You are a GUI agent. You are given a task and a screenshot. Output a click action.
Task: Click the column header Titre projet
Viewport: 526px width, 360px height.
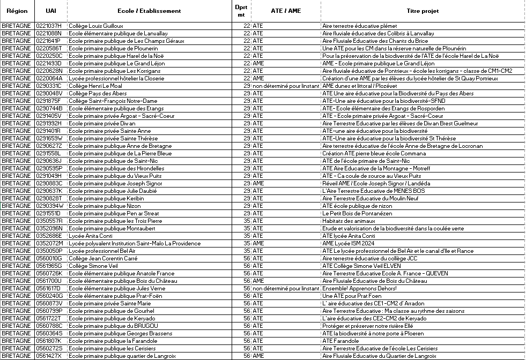tap(423, 11)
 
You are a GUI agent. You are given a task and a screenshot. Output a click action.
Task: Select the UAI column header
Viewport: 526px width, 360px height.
tap(50, 11)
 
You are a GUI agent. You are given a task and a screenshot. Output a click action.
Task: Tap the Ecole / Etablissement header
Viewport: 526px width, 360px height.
tap(149, 11)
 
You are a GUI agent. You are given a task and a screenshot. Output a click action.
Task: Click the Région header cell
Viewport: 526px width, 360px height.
tap(17, 11)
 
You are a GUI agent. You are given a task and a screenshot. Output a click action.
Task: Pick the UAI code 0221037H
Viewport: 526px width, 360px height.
tap(48, 26)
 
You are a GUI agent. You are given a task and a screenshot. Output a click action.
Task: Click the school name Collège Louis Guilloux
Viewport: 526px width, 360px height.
tap(96, 26)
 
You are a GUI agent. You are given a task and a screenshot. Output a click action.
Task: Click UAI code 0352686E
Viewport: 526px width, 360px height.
tap(48, 236)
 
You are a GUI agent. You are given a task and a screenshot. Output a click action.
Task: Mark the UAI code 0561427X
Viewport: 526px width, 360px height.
tap(48, 356)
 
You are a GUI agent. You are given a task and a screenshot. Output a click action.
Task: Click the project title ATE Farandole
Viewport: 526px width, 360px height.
tap(340, 341)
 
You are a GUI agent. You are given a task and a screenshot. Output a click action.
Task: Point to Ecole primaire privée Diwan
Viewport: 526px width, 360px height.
tap(102, 123)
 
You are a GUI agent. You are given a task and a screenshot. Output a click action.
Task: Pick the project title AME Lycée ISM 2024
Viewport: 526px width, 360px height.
tap(348, 243)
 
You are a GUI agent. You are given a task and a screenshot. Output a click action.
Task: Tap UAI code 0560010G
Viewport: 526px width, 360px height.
tap(48, 258)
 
